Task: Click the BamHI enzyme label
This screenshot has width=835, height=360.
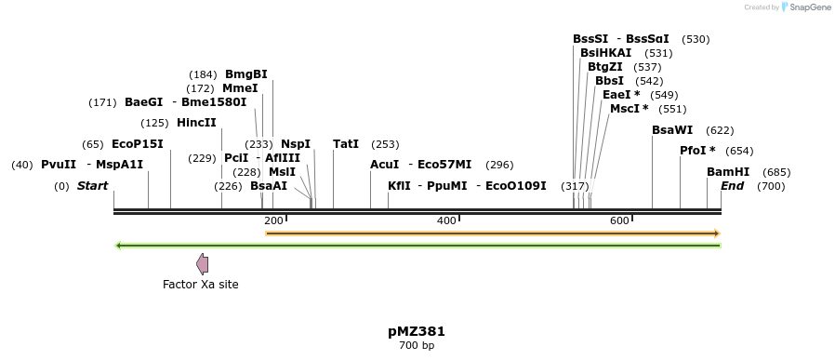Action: [727, 172]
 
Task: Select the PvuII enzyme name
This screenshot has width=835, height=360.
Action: [58, 165]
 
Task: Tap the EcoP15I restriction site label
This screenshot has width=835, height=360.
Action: [137, 144]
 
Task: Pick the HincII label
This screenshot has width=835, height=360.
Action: [195, 123]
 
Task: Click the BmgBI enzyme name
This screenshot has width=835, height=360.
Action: [245, 74]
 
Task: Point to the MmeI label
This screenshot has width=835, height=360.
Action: [240, 88]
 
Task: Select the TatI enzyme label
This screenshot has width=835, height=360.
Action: [345, 144]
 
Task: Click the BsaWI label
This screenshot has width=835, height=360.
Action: [671, 130]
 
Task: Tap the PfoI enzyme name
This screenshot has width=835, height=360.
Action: [693, 151]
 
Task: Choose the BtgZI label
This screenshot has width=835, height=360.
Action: [604, 67]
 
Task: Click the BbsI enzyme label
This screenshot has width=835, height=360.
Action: [609, 81]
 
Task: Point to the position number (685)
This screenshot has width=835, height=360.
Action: [776, 172]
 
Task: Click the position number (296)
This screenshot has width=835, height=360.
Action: [499, 165]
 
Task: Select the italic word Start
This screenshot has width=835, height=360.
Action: [92, 186]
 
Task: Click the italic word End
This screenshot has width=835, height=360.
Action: [732, 186]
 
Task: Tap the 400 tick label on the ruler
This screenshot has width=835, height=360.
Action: [446, 220]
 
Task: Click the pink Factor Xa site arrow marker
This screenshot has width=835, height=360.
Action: [202, 264]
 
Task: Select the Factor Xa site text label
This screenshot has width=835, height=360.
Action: [200, 285]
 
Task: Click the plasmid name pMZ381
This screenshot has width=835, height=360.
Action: [417, 331]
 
